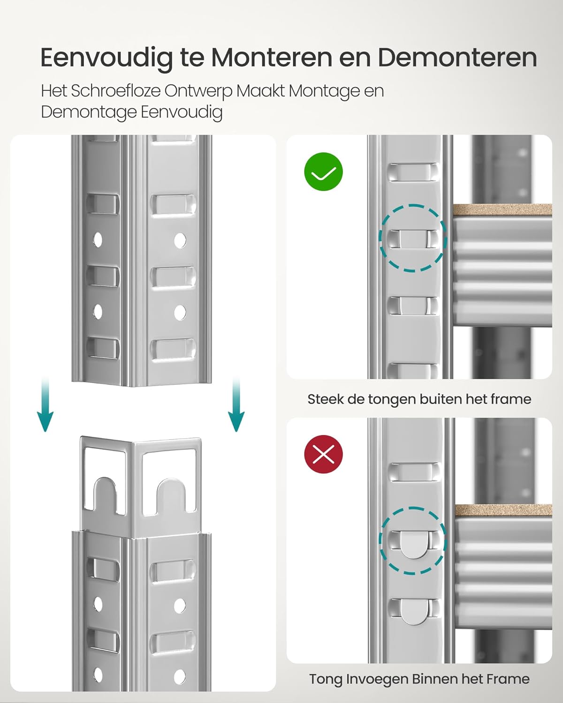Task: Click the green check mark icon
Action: [324, 172]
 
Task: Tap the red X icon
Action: [324, 454]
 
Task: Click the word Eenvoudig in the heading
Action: [107, 58]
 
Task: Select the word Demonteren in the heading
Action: [457, 58]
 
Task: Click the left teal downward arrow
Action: [45, 405]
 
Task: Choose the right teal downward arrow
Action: [236, 405]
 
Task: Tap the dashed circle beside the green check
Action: [413, 238]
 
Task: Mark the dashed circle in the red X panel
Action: [413, 540]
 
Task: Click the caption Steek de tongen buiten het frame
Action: [419, 399]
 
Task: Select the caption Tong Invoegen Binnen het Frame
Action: [419, 679]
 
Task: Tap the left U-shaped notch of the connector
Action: [106, 494]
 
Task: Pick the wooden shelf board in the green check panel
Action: [502, 209]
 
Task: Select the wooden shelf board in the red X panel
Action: [503, 511]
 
